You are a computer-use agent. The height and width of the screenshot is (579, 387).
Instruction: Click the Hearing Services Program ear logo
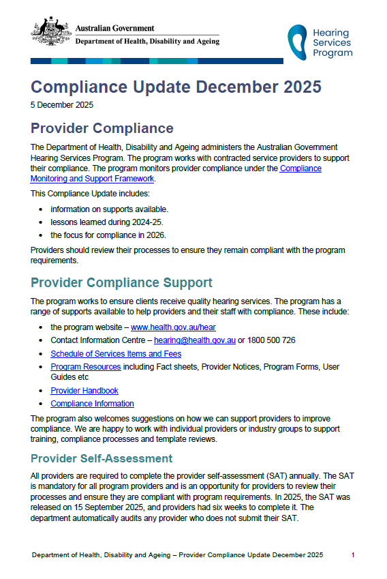(x=297, y=42)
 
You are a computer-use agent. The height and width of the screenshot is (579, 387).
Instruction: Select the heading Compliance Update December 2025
(x=176, y=87)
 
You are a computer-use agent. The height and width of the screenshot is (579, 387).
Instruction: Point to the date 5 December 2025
(x=62, y=105)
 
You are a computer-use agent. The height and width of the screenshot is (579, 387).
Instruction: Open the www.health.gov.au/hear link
(x=173, y=327)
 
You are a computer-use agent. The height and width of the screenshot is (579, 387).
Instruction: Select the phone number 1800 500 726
(x=270, y=340)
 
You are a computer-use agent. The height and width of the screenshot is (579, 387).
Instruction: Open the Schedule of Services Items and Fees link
(x=116, y=354)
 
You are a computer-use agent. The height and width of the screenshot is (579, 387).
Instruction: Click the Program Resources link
(x=85, y=367)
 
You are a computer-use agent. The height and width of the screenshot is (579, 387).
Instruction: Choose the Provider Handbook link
(x=84, y=391)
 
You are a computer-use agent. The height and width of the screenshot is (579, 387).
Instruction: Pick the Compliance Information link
(x=92, y=404)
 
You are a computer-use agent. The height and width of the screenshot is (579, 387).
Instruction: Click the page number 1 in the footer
(x=353, y=555)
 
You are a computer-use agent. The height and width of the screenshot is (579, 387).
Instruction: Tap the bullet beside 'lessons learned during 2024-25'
(x=42, y=222)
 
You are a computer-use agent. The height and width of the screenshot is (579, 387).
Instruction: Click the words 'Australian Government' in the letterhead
(x=114, y=29)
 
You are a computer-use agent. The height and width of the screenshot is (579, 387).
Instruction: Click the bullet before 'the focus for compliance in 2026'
(x=42, y=235)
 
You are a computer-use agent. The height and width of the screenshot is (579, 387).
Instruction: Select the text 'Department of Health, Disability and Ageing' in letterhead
(x=147, y=42)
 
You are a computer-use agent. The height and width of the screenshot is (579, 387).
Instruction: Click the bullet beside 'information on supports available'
(x=42, y=209)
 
